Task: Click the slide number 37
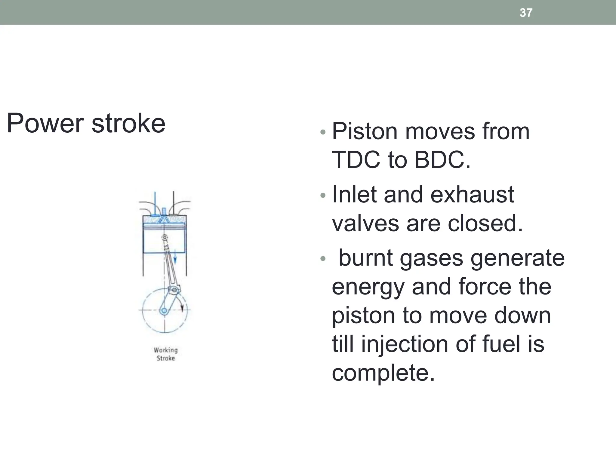point(526,13)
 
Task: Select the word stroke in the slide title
point(128,123)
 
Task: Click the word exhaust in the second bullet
point(472,195)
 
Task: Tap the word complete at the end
point(383,372)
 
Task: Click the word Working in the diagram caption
point(166,350)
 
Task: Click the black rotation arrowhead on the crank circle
point(182,307)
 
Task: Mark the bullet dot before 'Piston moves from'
point(323,132)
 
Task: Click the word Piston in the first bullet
point(364,131)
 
